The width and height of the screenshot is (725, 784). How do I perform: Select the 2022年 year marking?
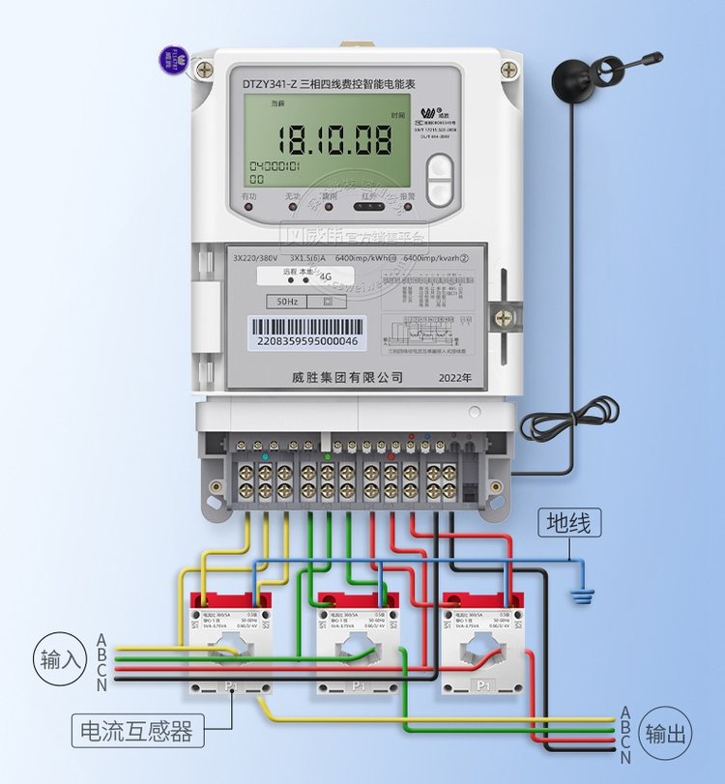455,377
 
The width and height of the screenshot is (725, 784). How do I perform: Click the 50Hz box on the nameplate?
287,301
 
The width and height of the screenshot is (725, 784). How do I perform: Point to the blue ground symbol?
580,593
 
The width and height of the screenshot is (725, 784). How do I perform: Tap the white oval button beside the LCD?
440,181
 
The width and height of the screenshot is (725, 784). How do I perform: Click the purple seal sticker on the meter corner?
175,55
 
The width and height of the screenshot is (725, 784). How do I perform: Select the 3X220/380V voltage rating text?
255,258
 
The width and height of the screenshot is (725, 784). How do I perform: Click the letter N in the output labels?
624,756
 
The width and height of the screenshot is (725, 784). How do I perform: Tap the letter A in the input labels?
101,639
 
